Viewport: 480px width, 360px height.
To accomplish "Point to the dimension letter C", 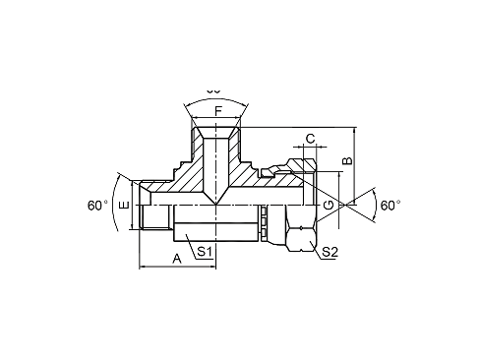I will click(310, 139).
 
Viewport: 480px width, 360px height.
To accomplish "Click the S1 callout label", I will click(205, 251).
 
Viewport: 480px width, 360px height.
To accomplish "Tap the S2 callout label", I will click(330, 253).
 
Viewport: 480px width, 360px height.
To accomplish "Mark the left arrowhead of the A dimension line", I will click(144, 266).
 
